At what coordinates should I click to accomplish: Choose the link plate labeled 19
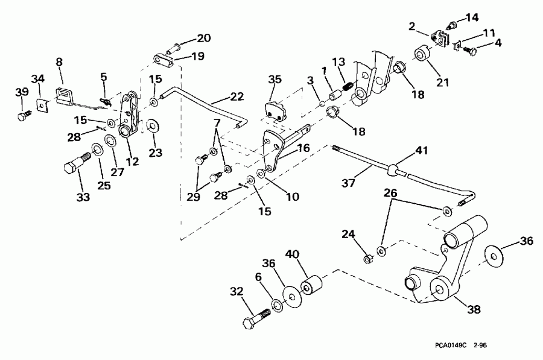tap(162, 60)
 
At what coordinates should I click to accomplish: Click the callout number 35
tap(275, 79)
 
